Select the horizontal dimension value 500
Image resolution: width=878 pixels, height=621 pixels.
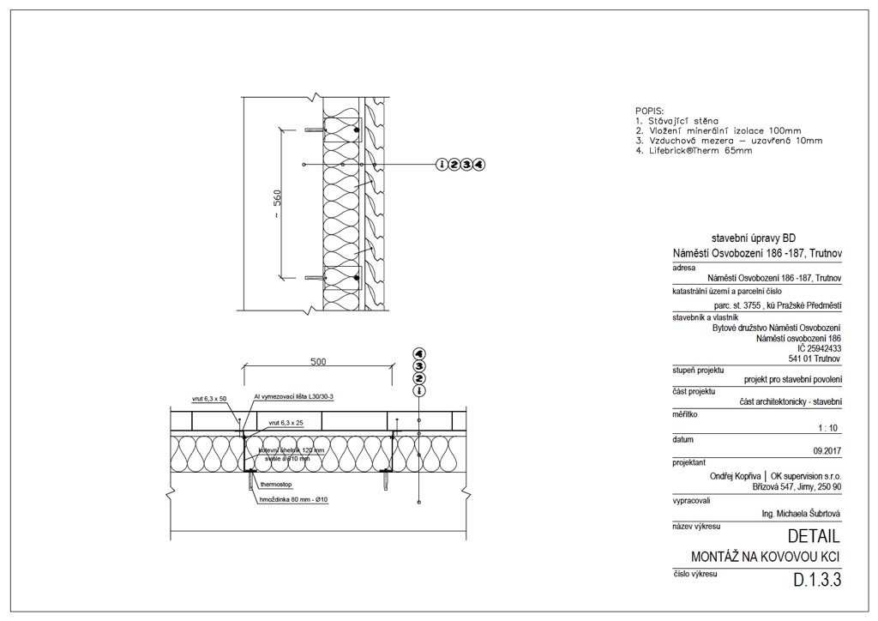pos(318,362)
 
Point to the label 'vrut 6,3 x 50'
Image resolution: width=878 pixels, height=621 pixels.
pos(209,399)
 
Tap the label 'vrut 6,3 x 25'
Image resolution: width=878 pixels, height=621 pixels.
pos(286,423)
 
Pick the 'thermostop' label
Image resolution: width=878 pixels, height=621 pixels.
pos(276,485)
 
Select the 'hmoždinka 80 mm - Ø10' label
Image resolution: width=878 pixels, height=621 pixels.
pos(294,499)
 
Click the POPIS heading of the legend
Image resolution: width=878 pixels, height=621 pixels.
pos(649,112)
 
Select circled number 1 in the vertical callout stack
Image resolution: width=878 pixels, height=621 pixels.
pos(419,391)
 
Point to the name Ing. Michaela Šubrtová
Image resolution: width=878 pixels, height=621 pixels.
pos(800,514)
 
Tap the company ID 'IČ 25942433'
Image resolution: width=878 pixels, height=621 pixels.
pos(819,349)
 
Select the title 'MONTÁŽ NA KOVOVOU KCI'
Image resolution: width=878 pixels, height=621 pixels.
pos(765,558)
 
